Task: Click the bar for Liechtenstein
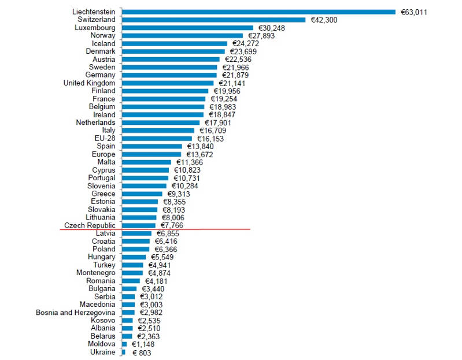tap(258, 12)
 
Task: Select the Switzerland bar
tap(213, 20)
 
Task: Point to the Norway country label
tap(103, 35)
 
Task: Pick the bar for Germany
tap(169, 75)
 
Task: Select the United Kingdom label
tap(89, 83)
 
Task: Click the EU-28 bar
tap(157, 139)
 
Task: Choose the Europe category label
tap(104, 154)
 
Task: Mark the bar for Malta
tap(146, 162)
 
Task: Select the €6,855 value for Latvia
tap(168, 233)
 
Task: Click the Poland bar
tap(135, 249)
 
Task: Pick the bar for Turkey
tap(132, 265)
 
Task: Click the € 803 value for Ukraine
tap(142, 352)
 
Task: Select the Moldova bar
tap(124, 344)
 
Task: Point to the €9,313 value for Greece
tap(179, 194)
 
